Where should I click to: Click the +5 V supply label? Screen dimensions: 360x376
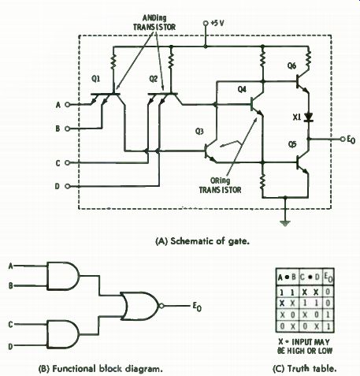pyautogui.click(x=217, y=23)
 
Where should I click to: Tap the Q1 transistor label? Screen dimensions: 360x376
pyautogui.click(x=96, y=79)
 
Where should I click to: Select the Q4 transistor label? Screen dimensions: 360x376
pyautogui.click(x=242, y=90)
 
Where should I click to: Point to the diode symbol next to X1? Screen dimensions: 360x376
pyautogui.click(x=308, y=117)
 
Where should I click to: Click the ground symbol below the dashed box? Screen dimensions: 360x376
pyautogui.click(x=285, y=223)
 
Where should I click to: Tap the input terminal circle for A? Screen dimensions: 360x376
pyautogui.click(x=67, y=105)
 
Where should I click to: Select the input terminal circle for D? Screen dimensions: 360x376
pyautogui.click(x=67, y=186)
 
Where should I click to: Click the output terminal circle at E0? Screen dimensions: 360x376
pyautogui.click(x=343, y=140)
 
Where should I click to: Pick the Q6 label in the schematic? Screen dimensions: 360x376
pyautogui.click(x=291, y=66)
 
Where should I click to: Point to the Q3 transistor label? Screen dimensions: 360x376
pyautogui.click(x=199, y=132)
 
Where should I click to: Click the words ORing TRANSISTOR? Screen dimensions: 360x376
pyautogui.click(x=220, y=185)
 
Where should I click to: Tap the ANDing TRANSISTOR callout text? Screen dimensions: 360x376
pyautogui.click(x=154, y=23)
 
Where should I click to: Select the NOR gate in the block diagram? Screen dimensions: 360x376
pyautogui.click(x=139, y=306)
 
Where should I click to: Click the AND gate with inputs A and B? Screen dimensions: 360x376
pyautogui.click(x=63, y=276)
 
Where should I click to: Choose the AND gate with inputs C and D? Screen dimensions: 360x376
pyautogui.click(x=63, y=334)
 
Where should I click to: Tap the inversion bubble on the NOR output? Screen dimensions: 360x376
pyautogui.click(x=161, y=306)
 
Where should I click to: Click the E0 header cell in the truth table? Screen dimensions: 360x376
pyautogui.click(x=328, y=277)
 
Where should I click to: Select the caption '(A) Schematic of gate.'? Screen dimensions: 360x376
pyautogui.click(x=202, y=241)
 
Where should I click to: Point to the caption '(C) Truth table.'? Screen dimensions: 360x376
pyautogui.click(x=305, y=369)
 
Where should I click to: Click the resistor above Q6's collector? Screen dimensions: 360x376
pyautogui.click(x=308, y=58)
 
